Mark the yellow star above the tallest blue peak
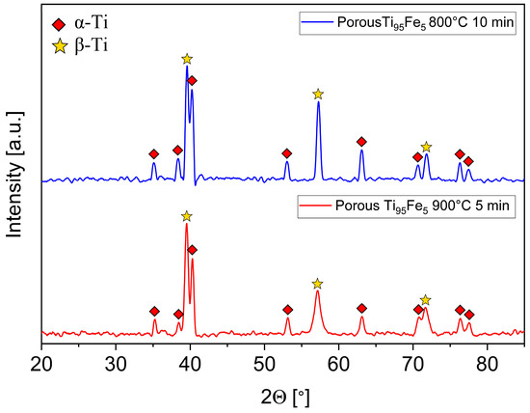(187, 59)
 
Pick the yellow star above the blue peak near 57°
(318, 94)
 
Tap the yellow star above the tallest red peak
(187, 216)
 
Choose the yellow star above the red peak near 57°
(318, 284)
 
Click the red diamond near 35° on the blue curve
(153, 154)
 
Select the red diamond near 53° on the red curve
(287, 310)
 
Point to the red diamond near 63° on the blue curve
(361, 142)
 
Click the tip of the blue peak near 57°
(318, 102)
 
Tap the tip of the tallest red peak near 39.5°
(187, 224)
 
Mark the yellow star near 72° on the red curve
(425, 300)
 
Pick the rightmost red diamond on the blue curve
(468, 161)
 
